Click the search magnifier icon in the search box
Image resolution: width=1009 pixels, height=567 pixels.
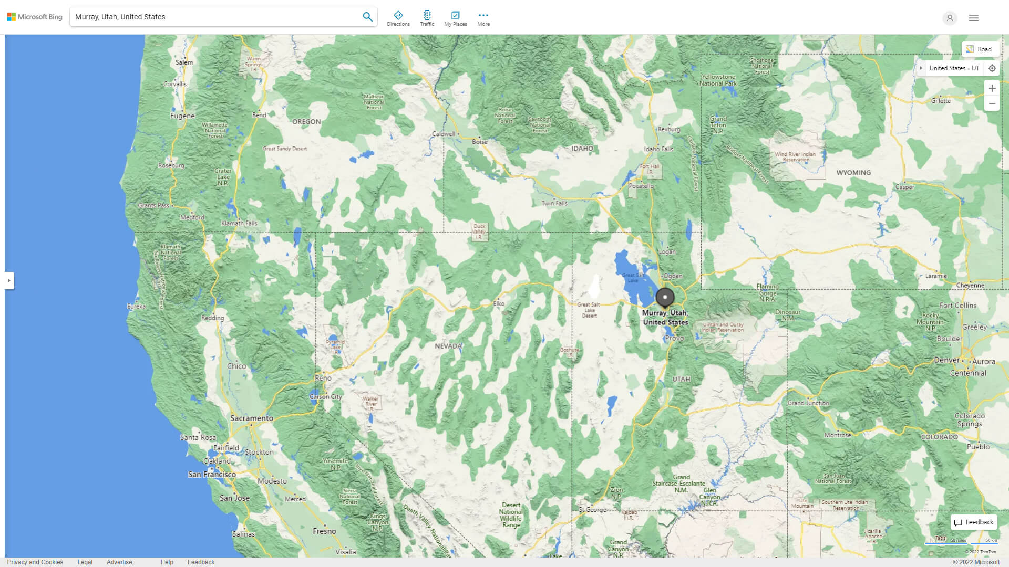pyautogui.click(x=367, y=17)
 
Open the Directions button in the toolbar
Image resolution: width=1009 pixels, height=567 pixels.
pyautogui.click(x=398, y=18)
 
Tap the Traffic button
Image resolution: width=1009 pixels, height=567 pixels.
pyautogui.click(x=427, y=18)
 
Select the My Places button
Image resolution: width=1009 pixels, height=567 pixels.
pyautogui.click(x=455, y=18)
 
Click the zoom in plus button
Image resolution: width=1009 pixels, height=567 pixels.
pyautogui.click(x=992, y=88)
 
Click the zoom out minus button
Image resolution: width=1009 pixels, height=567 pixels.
pyautogui.click(x=992, y=103)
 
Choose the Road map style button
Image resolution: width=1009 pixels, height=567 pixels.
pyautogui.click(x=980, y=49)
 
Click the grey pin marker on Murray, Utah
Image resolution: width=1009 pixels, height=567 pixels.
pyautogui.click(x=665, y=297)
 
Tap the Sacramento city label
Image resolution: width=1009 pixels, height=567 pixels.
pyautogui.click(x=252, y=418)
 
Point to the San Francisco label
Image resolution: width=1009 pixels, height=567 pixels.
pyautogui.click(x=212, y=475)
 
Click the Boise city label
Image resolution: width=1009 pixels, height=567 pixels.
pyautogui.click(x=479, y=142)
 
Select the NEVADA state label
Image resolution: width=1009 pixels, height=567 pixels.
pyautogui.click(x=448, y=346)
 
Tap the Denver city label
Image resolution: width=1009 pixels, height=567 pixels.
pyautogui.click(x=947, y=360)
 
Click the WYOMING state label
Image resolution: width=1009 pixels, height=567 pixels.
pyautogui.click(x=853, y=173)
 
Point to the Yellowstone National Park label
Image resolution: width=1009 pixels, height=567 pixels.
pyautogui.click(x=718, y=80)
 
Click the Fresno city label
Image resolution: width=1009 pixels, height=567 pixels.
pyautogui.click(x=324, y=531)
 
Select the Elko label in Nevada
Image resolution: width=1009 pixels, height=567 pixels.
pyautogui.click(x=499, y=303)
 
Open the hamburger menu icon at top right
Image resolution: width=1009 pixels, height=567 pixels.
pyautogui.click(x=974, y=18)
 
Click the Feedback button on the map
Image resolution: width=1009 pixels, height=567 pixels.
pyautogui.click(x=974, y=522)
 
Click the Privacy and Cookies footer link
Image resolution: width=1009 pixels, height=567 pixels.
pyautogui.click(x=35, y=562)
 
